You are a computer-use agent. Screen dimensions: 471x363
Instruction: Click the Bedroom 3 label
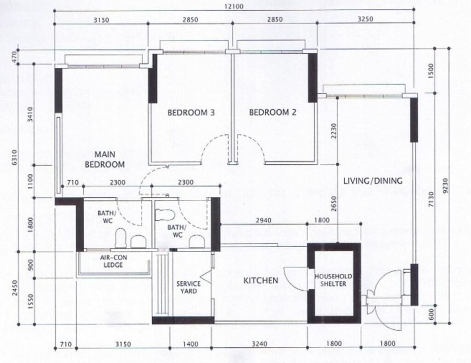coord(191,113)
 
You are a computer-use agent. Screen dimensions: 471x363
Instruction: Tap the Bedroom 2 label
coord(273,112)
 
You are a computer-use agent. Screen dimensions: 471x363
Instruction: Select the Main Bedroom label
coord(104,160)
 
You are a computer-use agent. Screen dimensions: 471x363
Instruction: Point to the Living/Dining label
coord(373,181)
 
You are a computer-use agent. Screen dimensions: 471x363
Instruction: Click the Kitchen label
coord(261,281)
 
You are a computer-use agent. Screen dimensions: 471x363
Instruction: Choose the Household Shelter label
coord(333,280)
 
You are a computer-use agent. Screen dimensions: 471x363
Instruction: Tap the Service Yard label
coord(189,287)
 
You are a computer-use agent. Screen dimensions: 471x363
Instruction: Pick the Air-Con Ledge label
coord(113,261)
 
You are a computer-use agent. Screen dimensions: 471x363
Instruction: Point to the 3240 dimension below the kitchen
coord(259,344)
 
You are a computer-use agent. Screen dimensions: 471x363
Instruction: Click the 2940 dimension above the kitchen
coord(264,220)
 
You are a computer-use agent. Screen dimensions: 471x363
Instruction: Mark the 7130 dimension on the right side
coord(431,199)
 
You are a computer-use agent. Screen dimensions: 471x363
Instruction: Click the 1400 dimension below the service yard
coord(190,344)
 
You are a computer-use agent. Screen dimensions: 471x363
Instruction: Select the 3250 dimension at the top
coord(365,19)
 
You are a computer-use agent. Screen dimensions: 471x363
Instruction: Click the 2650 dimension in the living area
coord(333,204)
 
